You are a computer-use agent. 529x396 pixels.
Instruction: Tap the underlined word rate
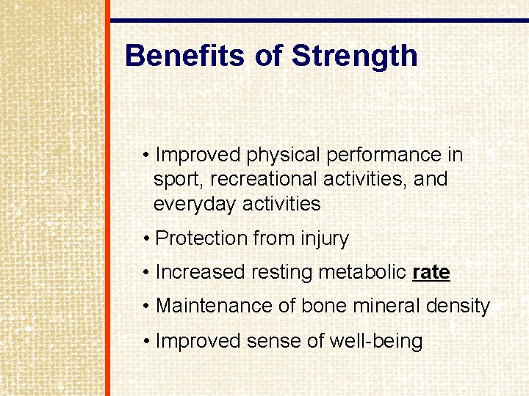click(431, 272)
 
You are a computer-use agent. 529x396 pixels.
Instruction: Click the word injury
click(325, 238)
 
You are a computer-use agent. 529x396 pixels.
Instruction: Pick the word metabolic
click(363, 272)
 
